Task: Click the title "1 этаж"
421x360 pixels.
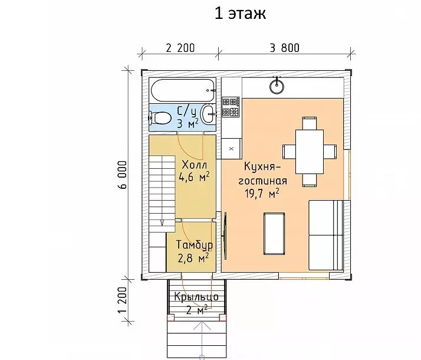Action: point(241,14)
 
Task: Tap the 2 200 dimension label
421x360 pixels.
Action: point(180,48)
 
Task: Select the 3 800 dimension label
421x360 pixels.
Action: point(285,48)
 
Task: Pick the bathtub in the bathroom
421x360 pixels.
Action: point(183,90)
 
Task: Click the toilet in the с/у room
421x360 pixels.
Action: point(160,118)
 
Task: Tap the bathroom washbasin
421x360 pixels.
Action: point(208,114)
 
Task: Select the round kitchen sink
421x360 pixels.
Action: point(277,86)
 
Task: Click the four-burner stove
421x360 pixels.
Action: point(231,107)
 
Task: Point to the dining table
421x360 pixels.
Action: point(310,152)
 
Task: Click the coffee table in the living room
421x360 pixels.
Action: point(274,234)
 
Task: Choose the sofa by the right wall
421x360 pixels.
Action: point(326,235)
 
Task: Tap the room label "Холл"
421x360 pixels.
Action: point(195,164)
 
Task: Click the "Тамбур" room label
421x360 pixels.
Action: point(195,246)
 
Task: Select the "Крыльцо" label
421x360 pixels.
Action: point(196,297)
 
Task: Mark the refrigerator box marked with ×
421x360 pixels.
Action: point(232,149)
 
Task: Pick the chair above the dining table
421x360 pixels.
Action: point(310,123)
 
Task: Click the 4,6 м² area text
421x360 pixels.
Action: point(194,177)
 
